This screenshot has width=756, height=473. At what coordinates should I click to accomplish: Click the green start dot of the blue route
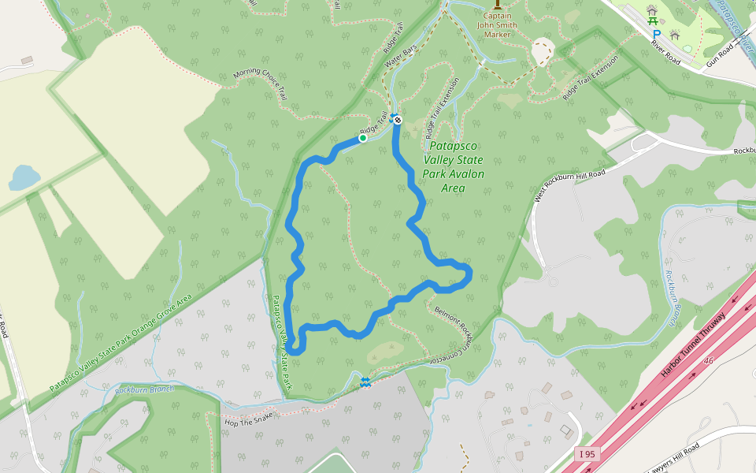tap(363, 139)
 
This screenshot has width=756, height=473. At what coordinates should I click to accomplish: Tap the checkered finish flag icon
tap(398, 120)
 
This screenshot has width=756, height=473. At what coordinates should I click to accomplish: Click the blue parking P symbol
tap(656, 35)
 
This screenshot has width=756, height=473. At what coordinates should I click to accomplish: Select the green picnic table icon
tap(651, 10)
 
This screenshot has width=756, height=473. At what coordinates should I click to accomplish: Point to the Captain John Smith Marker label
tap(496, 24)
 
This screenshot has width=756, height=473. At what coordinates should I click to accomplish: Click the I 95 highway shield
tap(587, 454)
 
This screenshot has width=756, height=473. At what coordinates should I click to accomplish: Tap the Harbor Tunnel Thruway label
tap(692, 333)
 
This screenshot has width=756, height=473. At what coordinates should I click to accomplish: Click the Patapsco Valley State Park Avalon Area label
tap(453, 167)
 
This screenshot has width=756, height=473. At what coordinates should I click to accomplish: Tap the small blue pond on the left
tap(23, 177)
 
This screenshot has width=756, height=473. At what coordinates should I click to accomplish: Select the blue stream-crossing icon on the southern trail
tap(365, 382)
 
